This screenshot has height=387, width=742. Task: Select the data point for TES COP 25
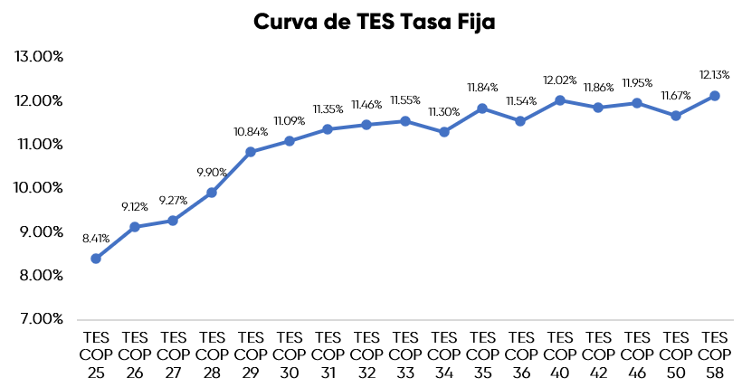[96, 259]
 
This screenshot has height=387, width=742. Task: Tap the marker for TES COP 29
[251, 152]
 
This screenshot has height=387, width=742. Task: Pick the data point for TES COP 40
[560, 100]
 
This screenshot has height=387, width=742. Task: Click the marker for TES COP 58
[715, 96]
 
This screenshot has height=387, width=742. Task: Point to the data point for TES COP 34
[444, 132]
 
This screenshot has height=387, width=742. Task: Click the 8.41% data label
[96, 239]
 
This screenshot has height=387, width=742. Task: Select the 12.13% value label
[715, 75]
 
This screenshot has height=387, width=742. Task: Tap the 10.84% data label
[251, 132]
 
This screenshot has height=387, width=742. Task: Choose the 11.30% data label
[444, 112]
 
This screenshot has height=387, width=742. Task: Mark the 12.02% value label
[560, 80]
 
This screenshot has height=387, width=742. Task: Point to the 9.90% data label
[212, 173]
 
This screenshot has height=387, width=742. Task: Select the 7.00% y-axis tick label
[40, 319]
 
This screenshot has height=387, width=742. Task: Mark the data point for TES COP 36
[521, 121]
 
